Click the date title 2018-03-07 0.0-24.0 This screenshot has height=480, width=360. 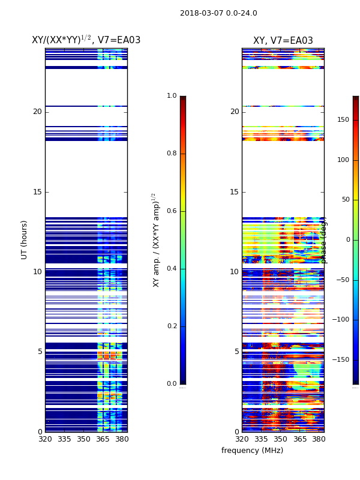tap(218, 13)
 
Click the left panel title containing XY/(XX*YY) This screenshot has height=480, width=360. tap(86, 40)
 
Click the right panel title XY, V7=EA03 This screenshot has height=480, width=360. tap(283, 41)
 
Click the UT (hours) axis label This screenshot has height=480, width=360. tap(25, 239)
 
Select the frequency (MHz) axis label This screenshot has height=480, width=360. tap(252, 451)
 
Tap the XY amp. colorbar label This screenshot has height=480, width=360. tap(157, 240)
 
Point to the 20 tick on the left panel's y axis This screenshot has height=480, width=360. tap(37, 112)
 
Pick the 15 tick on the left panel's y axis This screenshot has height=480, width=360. tap(37, 192)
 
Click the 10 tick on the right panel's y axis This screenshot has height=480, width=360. tap(234, 272)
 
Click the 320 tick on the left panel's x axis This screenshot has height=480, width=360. tap(45, 439)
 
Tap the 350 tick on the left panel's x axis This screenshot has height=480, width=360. tap(83, 439)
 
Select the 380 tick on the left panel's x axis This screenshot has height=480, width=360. tap(122, 439)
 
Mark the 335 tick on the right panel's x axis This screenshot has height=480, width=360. tap(261, 439)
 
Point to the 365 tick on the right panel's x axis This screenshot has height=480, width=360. tap(299, 439)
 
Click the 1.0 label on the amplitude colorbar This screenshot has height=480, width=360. tap(172, 96)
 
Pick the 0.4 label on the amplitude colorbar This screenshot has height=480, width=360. tap(172, 269)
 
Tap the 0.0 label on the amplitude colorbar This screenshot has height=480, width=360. tap(172, 384)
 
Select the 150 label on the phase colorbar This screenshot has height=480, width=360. tap(343, 120)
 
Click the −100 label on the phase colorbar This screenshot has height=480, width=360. tap(340, 320)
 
